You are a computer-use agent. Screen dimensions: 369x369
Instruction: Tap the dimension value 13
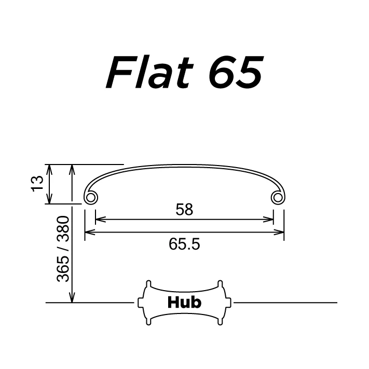(x=37, y=184)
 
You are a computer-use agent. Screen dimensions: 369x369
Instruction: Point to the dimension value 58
(x=184, y=210)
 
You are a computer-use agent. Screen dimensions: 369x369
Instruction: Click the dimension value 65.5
(x=184, y=243)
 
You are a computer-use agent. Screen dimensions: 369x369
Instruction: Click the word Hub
(x=184, y=302)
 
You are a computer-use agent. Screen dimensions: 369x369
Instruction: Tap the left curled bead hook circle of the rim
(x=90, y=198)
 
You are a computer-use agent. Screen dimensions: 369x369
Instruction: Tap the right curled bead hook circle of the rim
(x=279, y=198)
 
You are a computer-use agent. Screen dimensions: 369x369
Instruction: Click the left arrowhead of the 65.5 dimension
(x=89, y=232)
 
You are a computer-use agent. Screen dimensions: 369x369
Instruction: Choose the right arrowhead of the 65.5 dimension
(x=281, y=232)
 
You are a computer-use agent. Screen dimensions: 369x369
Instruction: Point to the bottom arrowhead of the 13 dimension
(x=49, y=199)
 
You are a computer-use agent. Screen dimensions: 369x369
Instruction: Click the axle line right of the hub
(x=285, y=302)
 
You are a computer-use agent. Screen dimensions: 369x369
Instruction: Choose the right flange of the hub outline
(x=223, y=303)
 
